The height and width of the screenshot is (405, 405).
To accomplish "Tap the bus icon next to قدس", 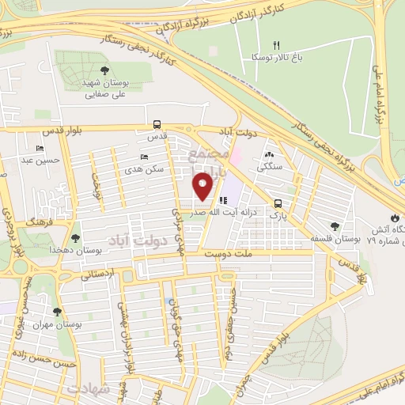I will [x=157, y=124].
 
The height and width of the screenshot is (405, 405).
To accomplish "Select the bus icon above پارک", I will [x=277, y=202].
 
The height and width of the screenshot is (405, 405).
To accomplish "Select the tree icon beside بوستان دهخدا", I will [x=75, y=237].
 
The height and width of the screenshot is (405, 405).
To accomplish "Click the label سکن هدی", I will [x=143, y=169].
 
